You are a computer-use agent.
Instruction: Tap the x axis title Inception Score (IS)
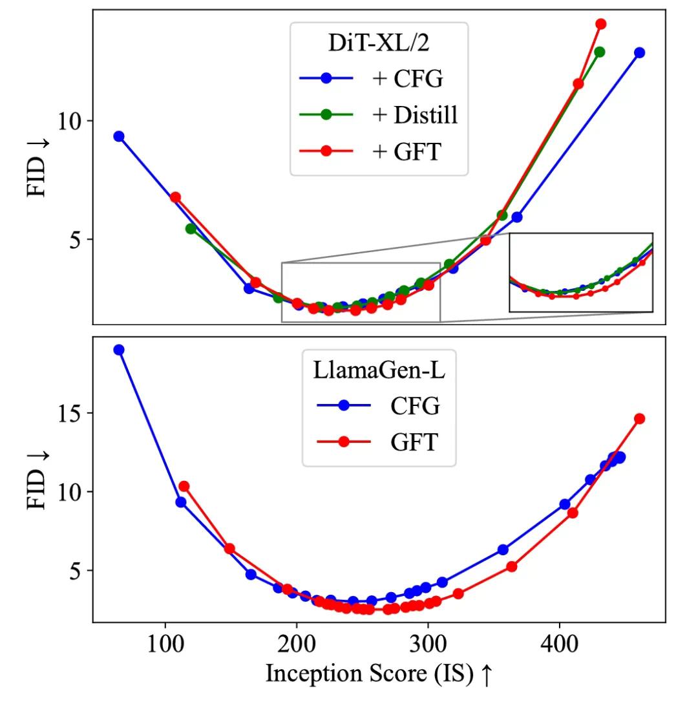[379, 675]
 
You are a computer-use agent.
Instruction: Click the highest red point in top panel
[601, 24]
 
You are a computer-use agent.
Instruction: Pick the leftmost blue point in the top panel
[119, 136]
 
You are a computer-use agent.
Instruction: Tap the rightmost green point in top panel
[599, 52]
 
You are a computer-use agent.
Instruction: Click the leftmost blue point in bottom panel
[119, 350]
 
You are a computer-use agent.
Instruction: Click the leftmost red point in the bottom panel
[184, 486]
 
